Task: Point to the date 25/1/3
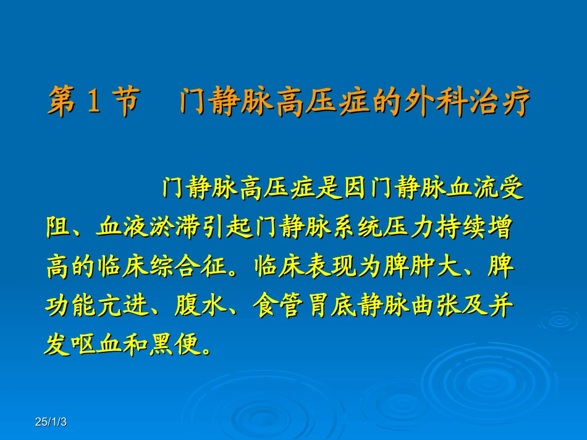tap(51, 422)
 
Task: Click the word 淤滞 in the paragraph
tap(163, 228)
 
